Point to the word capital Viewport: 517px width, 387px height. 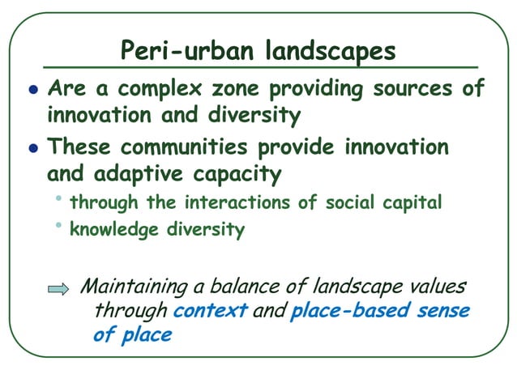pos(413,202)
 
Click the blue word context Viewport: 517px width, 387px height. pos(209,311)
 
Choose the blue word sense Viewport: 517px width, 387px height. pos(442,311)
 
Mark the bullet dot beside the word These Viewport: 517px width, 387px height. pos(32,150)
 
